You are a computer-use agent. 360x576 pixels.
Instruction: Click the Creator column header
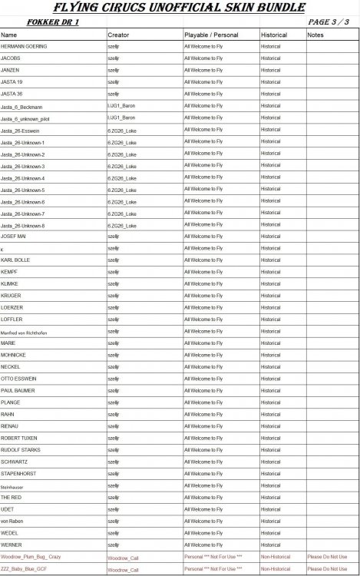(118, 35)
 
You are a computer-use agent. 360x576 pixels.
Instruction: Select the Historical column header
(274, 35)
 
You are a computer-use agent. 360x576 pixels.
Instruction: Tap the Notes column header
(315, 35)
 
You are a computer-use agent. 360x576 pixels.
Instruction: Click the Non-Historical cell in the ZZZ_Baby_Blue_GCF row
(276, 569)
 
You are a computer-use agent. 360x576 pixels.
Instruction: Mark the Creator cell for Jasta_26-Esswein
(123, 130)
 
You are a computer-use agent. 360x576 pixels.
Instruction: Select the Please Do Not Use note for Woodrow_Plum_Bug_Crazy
(327, 556)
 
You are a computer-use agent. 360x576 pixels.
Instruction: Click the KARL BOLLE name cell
(16, 260)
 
